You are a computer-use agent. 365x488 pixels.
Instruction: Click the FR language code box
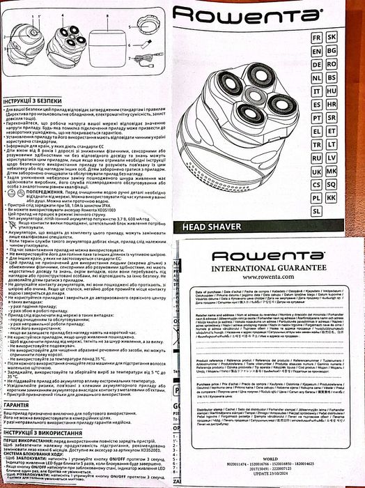coord(316,36)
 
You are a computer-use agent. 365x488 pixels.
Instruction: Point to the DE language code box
coord(316,63)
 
